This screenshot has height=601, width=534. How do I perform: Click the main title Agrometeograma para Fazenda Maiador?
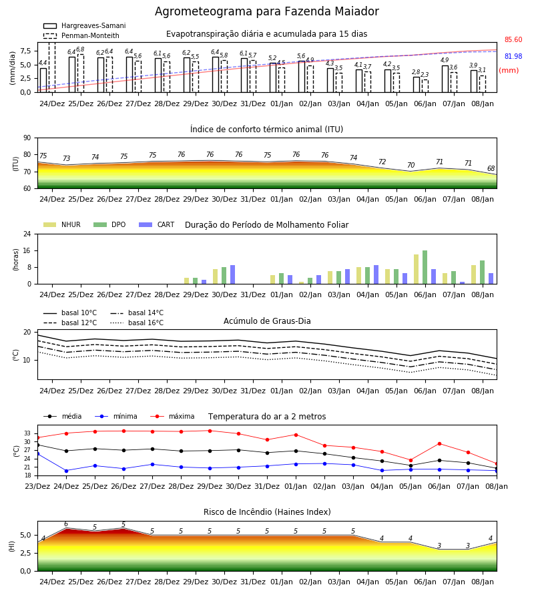(x=266, y=11)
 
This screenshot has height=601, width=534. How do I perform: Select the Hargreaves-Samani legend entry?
(x=84, y=25)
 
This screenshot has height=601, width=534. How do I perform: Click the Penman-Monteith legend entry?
(x=81, y=35)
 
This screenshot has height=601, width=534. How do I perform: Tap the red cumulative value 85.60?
(x=513, y=40)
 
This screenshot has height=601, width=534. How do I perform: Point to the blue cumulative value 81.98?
(x=513, y=56)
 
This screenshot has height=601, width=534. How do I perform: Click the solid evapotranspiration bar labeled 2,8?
(x=417, y=85)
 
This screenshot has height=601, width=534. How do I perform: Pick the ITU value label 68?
(x=491, y=169)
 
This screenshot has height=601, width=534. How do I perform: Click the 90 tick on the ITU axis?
(x=27, y=138)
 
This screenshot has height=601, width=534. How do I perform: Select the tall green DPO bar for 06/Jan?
(x=425, y=267)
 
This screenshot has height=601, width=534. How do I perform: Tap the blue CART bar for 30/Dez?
(x=232, y=274)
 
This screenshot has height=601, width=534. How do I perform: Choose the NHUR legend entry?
(x=62, y=224)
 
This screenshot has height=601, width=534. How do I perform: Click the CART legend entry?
(x=157, y=224)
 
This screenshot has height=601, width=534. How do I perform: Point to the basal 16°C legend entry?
(x=137, y=323)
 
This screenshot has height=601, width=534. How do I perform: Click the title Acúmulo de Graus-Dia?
(x=267, y=321)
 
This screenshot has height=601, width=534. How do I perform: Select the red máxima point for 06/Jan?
(x=439, y=443)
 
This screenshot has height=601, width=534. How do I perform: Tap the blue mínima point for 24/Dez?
(x=66, y=471)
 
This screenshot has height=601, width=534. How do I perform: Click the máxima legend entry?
(x=173, y=416)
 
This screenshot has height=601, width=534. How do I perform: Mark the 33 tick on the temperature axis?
(x=27, y=433)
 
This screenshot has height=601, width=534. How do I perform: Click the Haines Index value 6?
(x=66, y=524)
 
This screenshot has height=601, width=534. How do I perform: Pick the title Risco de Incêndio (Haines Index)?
(x=267, y=512)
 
